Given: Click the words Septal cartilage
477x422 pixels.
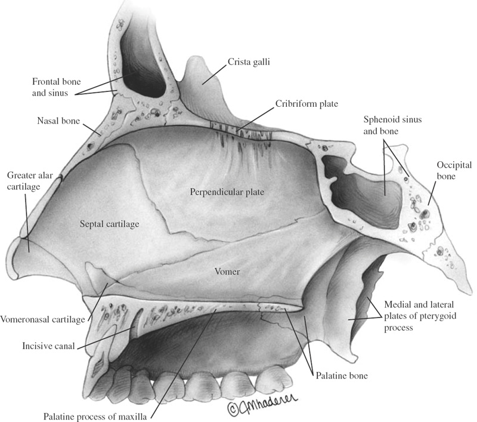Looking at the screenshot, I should pos(109,224).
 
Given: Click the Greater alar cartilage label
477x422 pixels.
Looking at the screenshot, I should pos(24,181).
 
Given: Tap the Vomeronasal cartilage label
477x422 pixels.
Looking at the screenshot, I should pos(42,319).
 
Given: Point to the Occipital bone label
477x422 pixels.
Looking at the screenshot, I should pos(454,169).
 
